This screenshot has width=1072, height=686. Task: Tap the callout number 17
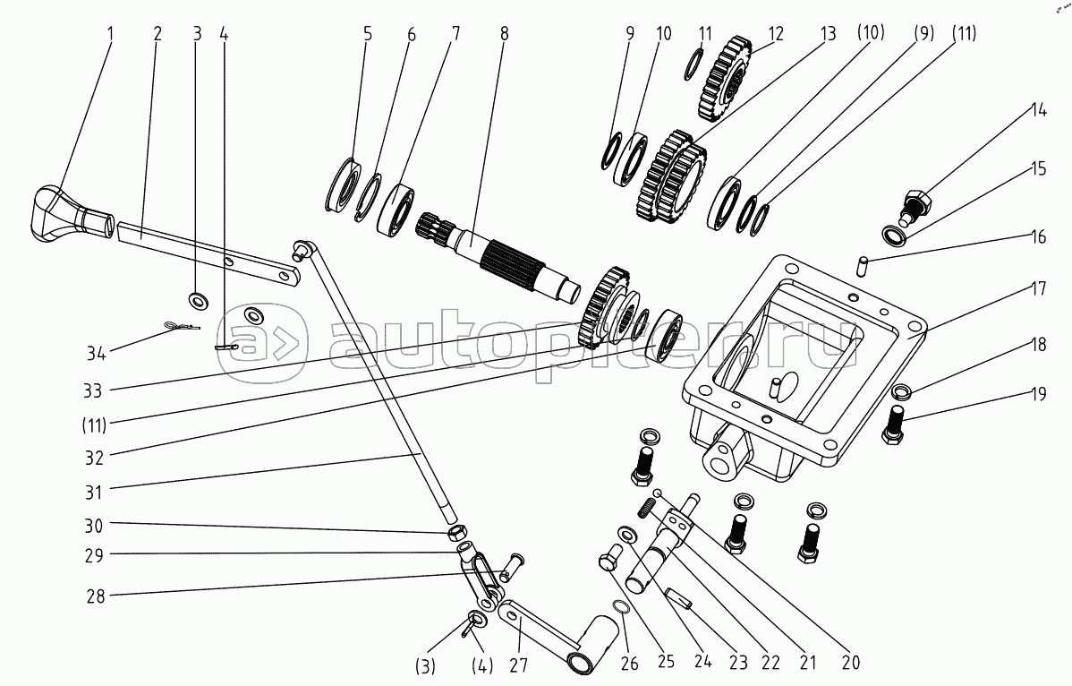point(1038,289)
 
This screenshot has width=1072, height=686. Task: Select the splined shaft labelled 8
point(510,258)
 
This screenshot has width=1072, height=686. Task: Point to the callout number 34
point(97,352)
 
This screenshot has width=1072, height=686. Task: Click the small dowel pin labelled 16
point(863,264)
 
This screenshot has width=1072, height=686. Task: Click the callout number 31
point(95,492)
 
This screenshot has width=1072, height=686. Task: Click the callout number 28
point(95,595)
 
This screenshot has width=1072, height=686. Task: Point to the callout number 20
point(850,663)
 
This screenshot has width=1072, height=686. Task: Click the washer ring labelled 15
point(894,236)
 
